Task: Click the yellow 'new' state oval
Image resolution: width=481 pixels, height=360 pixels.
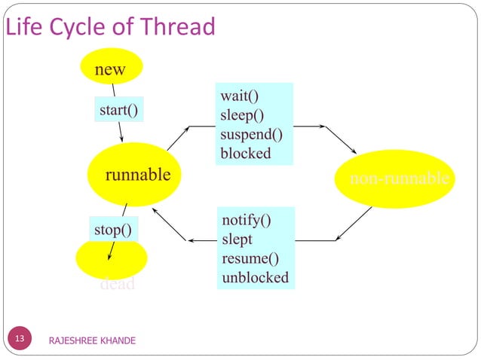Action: point(110,69)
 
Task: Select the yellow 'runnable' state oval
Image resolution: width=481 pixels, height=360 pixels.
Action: point(136,175)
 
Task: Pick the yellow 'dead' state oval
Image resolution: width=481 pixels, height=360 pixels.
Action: point(112,260)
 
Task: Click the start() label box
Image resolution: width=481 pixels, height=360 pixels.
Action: point(118,111)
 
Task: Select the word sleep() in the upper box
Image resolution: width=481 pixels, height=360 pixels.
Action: point(242,115)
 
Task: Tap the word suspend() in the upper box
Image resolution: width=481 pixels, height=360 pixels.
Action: point(251,135)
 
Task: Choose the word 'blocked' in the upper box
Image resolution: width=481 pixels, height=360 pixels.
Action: point(245,154)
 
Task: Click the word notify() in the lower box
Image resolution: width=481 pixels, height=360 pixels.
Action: point(247,220)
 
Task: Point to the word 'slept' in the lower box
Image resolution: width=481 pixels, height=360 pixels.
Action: point(237,239)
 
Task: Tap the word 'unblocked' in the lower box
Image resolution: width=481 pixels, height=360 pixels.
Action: point(255,277)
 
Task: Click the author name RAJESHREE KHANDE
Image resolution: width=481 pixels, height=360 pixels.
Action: point(91,341)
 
